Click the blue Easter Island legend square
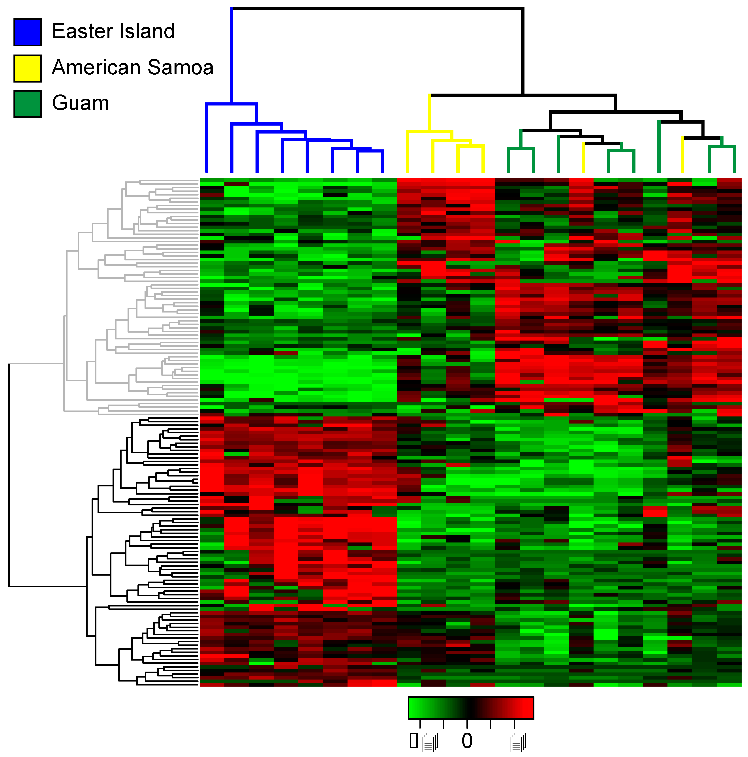(x=27, y=32)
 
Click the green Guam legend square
(x=27, y=104)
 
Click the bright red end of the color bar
(x=527, y=708)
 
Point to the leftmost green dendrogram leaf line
(x=508, y=161)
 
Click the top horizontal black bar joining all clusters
(x=376, y=8)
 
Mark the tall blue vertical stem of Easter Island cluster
(x=231, y=55)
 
